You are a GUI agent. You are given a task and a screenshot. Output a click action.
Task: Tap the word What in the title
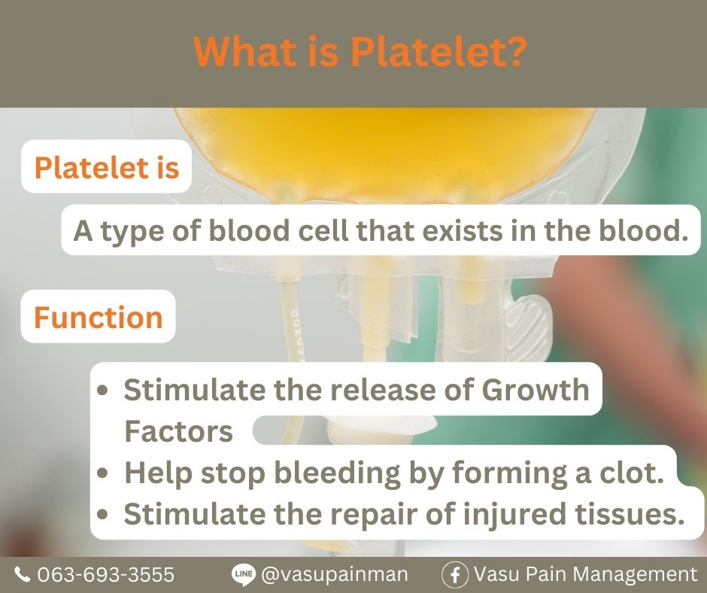point(247,50)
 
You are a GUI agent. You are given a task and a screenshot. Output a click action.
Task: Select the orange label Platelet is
point(107,167)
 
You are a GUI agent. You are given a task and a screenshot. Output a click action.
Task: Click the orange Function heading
point(99,317)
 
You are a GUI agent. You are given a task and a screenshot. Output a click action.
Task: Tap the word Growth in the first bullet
point(536,389)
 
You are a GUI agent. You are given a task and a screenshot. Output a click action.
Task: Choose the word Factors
point(178,430)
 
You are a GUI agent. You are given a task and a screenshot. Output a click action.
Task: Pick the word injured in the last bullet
point(514,515)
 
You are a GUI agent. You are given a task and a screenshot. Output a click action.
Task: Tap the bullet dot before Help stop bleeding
point(103,473)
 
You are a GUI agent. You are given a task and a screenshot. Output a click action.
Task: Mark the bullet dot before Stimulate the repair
point(103,515)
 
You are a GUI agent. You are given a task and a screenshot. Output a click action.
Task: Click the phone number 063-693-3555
point(105,574)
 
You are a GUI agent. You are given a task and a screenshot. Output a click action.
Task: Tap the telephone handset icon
point(22,574)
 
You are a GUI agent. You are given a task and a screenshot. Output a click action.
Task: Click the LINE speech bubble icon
point(244,574)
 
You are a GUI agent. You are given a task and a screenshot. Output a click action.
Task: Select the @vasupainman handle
point(335,575)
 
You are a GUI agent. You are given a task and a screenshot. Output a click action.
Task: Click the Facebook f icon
point(455,574)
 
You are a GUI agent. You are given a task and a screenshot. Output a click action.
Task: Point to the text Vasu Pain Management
point(585,575)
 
